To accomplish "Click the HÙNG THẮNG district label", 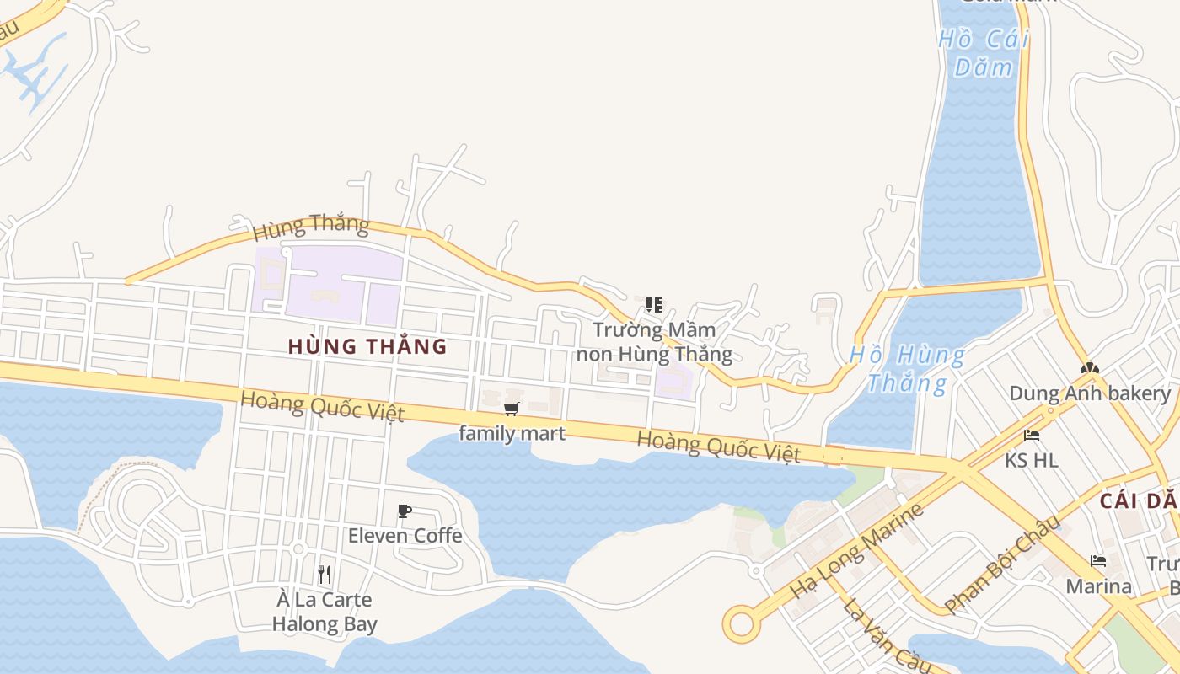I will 367,346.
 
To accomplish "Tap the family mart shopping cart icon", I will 511,409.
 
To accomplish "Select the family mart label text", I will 512,433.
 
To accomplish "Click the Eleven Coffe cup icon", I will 405,511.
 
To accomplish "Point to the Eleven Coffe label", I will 405,535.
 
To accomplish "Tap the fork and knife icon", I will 324,575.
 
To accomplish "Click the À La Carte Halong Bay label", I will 324,612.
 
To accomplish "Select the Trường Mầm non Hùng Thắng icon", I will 653,304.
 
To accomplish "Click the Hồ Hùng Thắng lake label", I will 907,369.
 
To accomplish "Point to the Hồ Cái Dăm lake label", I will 984,52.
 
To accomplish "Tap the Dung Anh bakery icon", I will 1089,368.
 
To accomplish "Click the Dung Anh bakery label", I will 1089,393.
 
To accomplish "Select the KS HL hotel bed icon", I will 1031,436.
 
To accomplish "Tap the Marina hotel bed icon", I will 1098,561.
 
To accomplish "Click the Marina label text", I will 1098,586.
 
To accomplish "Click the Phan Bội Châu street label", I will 1002,564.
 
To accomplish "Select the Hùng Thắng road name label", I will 311,226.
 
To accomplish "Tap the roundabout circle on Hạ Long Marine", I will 741,624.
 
